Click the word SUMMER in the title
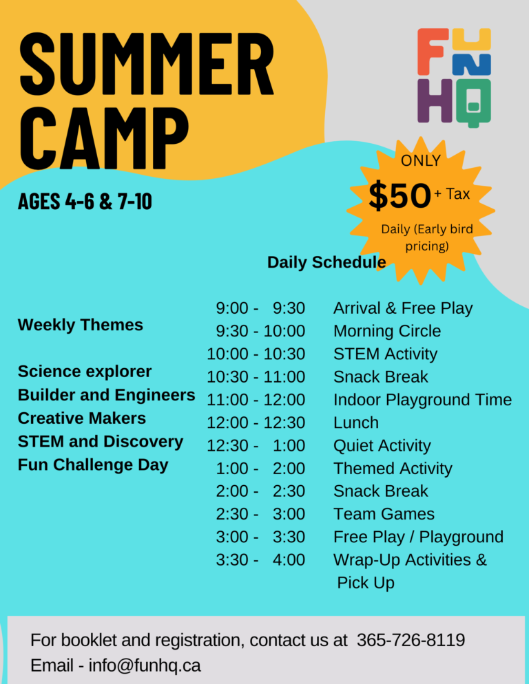point(147,63)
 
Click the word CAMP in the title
point(104,138)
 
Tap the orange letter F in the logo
point(432,52)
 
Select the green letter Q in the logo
point(473,103)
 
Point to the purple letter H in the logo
point(435,100)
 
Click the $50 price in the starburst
point(400,195)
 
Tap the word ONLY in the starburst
point(421,160)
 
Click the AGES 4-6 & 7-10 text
point(85,201)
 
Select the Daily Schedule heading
point(326,262)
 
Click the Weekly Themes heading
point(81,325)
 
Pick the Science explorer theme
point(84,372)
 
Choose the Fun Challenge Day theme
point(92,464)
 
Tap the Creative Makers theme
point(82,418)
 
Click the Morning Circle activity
point(387,331)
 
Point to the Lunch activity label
point(356,423)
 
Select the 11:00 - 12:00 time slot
point(256,400)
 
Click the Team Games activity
point(384,514)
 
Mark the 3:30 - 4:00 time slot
point(260,559)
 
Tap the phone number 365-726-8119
point(411,640)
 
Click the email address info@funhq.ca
point(145,665)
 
